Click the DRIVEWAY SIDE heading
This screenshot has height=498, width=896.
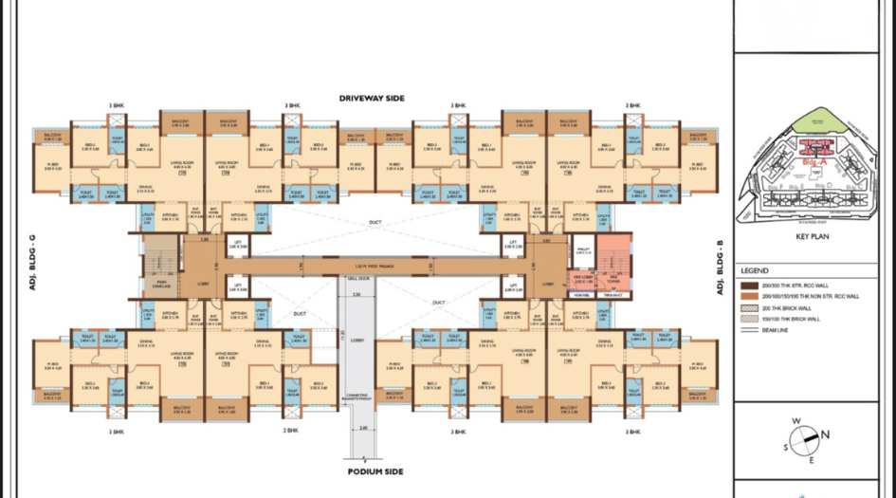372,98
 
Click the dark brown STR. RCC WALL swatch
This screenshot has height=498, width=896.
748,285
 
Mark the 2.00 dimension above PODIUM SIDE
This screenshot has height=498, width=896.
363,429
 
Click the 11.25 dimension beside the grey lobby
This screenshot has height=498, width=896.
342,333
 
